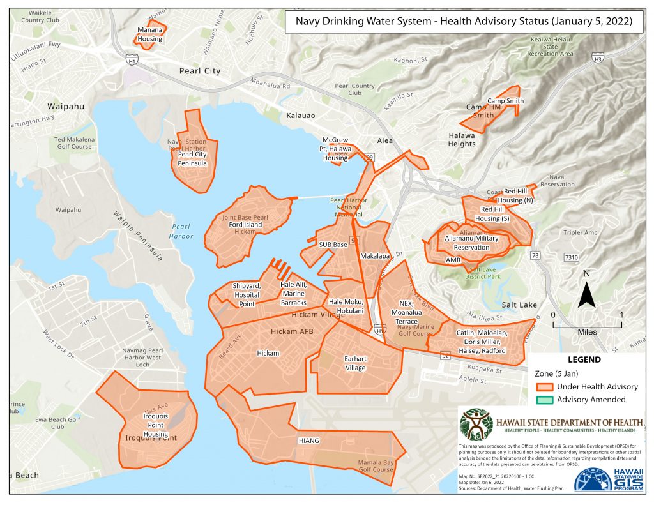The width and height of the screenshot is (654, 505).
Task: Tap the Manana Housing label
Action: pos(151,34)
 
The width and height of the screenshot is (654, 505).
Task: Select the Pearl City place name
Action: pos(200,71)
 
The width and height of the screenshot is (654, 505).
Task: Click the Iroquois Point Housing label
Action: pos(156,425)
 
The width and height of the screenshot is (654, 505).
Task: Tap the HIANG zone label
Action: pos(309,441)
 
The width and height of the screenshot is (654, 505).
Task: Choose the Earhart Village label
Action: pos(355,363)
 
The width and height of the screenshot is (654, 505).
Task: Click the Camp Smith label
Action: pos(505,101)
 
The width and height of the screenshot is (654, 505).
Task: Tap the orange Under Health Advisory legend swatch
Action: pos(544,387)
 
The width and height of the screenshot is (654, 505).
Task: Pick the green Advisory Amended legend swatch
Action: pos(544,400)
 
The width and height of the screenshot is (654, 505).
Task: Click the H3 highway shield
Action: pos(598,59)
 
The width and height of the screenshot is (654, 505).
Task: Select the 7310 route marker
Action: pos(572,257)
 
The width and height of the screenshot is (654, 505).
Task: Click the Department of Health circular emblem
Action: pos(478,423)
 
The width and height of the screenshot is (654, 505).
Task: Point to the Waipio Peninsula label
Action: pos(138,236)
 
